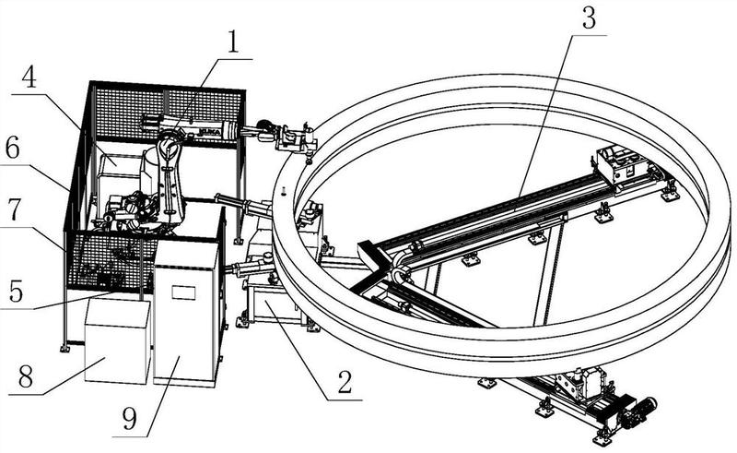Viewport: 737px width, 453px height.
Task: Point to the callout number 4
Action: [30, 77]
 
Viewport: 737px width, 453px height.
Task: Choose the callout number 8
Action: [25, 377]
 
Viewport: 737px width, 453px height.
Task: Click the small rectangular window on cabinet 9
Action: [183, 292]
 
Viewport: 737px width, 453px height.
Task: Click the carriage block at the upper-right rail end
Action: [621, 164]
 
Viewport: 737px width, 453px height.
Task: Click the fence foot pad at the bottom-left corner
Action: [64, 348]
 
